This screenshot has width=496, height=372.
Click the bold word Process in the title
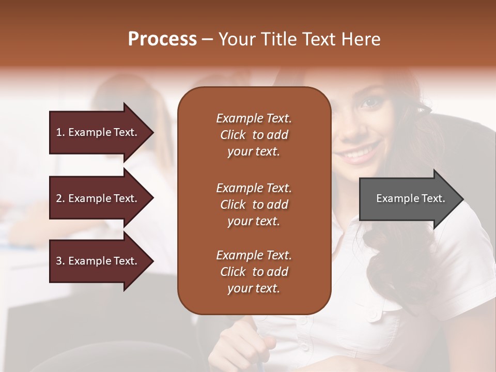click(162, 39)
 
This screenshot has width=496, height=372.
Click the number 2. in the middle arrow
click(60, 198)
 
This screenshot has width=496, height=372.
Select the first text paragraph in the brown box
click(254, 135)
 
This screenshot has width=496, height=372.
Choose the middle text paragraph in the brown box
click(254, 205)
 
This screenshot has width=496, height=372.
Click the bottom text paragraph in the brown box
click(254, 272)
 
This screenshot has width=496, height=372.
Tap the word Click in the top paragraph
click(233, 135)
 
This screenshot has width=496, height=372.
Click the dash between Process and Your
click(208, 39)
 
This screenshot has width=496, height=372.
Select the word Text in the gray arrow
click(433, 198)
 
